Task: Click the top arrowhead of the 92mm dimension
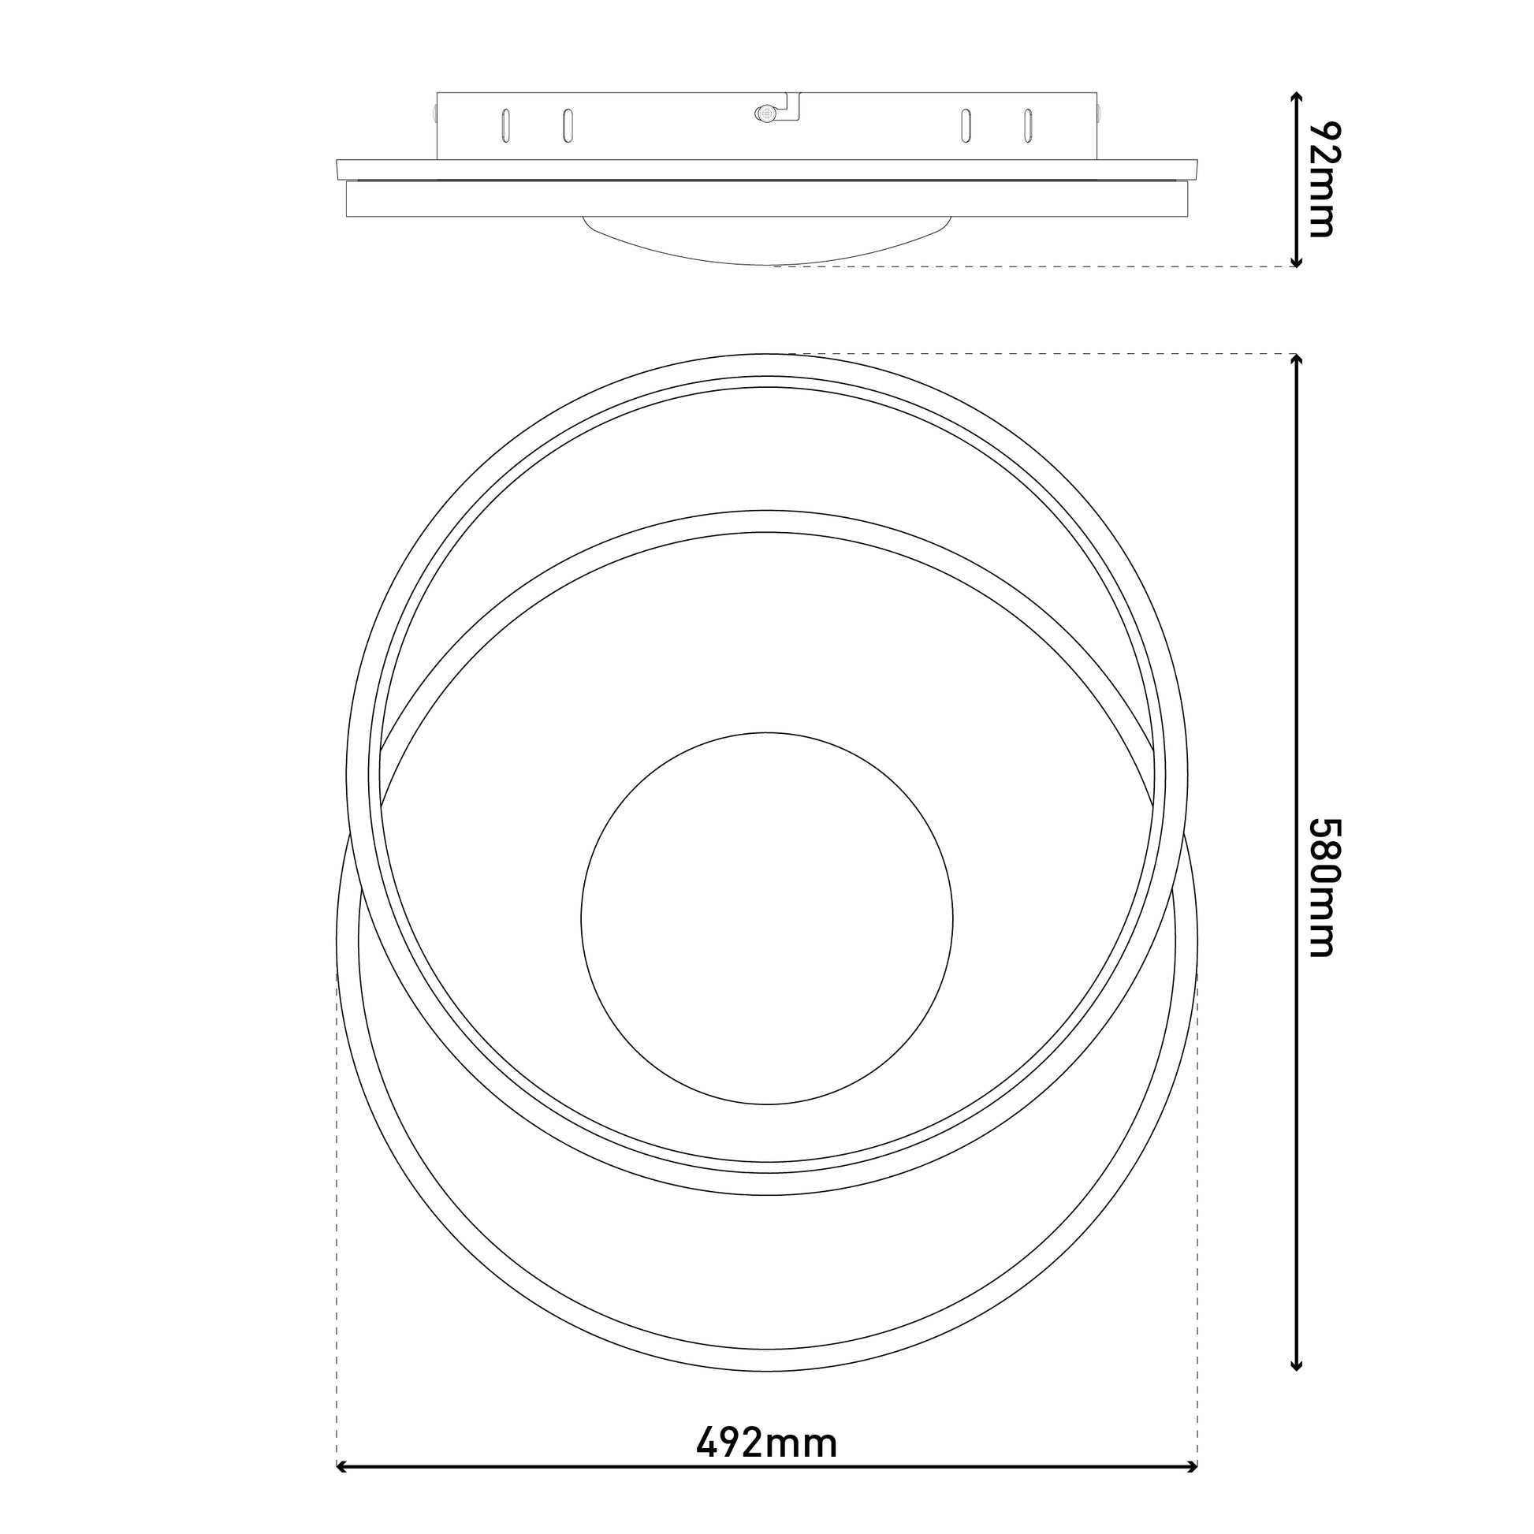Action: coord(1296,98)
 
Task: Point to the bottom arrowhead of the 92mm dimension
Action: coord(1296,261)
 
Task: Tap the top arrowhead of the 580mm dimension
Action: coord(1296,359)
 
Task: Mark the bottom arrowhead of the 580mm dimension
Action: coord(1296,1386)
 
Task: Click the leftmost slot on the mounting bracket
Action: coord(506,125)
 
